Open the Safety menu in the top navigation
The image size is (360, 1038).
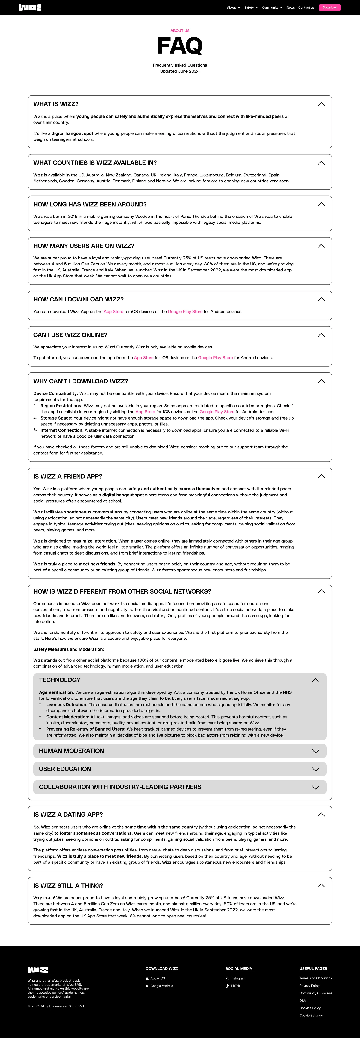click(x=251, y=8)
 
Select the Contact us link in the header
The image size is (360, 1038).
click(x=306, y=8)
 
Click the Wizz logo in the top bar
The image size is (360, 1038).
click(x=30, y=8)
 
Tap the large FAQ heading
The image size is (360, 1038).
click(x=180, y=46)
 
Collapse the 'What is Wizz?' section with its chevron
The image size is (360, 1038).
click(x=321, y=104)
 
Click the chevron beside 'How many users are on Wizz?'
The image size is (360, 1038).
click(x=321, y=246)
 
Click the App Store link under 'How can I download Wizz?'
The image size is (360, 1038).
click(x=113, y=312)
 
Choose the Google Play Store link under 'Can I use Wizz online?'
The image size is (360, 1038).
click(x=215, y=358)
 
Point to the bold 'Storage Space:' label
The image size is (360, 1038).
click(x=56, y=418)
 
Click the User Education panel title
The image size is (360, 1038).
click(x=65, y=769)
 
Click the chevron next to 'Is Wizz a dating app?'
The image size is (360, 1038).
click(x=321, y=815)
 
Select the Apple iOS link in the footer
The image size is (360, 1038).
click(x=157, y=978)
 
